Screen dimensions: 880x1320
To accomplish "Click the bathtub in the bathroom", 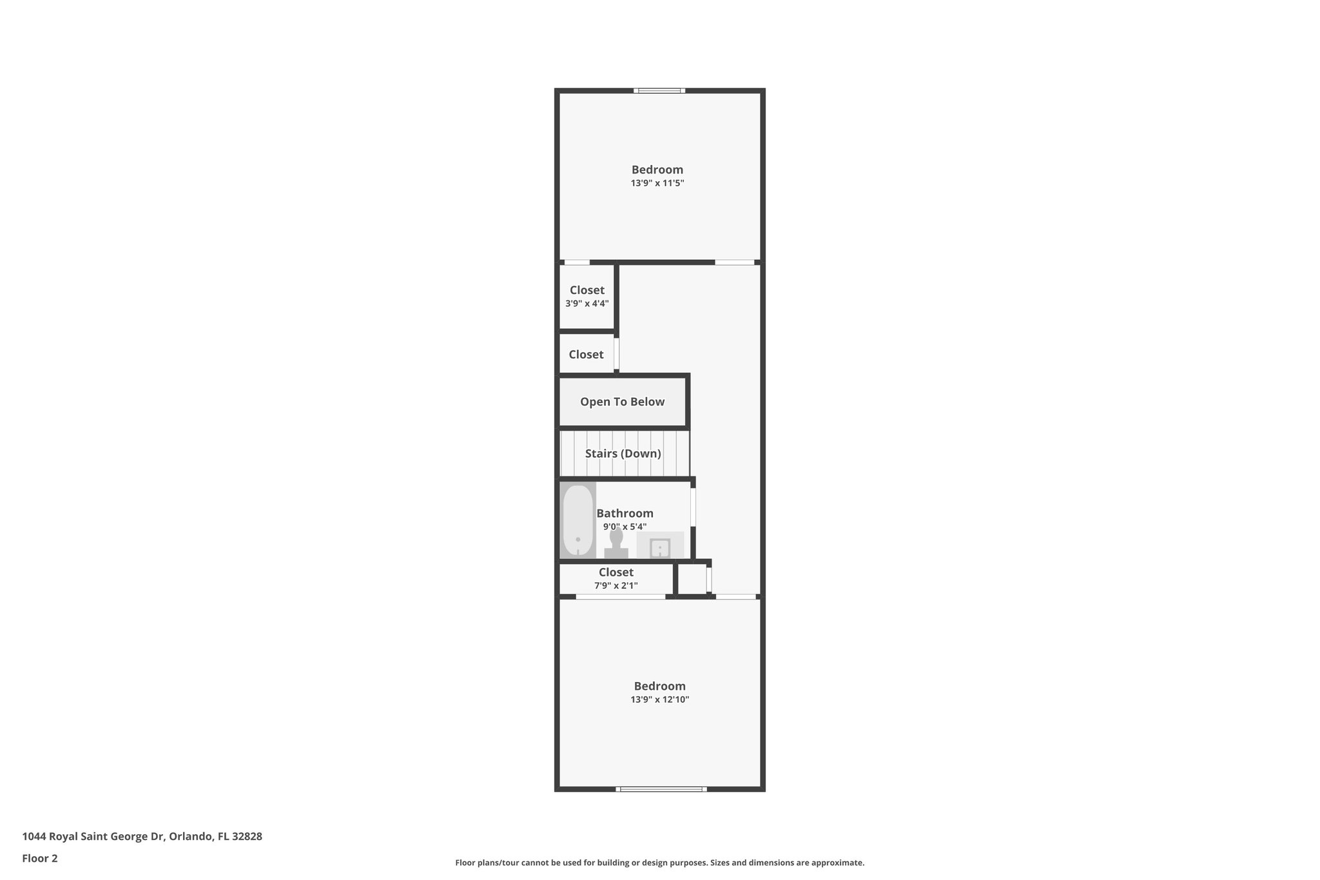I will pos(577,520).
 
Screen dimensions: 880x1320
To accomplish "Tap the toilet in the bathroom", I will pos(616,543).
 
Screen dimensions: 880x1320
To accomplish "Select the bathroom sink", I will pos(660,547).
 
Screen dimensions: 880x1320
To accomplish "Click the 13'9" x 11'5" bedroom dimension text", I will pos(657,183).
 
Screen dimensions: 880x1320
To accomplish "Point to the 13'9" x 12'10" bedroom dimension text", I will pos(659,699).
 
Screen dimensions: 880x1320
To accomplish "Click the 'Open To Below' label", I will pos(622,402).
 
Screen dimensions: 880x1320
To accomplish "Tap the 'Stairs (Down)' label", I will pos(623,453).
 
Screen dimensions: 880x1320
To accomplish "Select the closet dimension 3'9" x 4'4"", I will pos(587,304).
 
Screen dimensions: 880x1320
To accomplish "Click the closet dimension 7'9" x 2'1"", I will pos(616,585).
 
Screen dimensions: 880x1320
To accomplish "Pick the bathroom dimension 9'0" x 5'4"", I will pos(625,527).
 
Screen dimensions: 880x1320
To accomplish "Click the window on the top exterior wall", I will pos(659,91).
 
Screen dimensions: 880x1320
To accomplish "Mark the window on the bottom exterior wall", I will pos(661,788).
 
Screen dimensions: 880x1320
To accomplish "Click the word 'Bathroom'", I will pos(625,513).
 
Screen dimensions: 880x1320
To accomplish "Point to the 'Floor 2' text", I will pos(40,858).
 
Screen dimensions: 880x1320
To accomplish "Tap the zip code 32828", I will pos(247,836).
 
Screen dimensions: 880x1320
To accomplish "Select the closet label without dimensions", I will pos(586,355).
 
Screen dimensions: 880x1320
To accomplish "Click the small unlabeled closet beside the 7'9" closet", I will pos(692,578).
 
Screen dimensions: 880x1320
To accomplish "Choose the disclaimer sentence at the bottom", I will pos(659,863).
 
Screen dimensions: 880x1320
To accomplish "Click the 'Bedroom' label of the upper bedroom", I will pos(657,170).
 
